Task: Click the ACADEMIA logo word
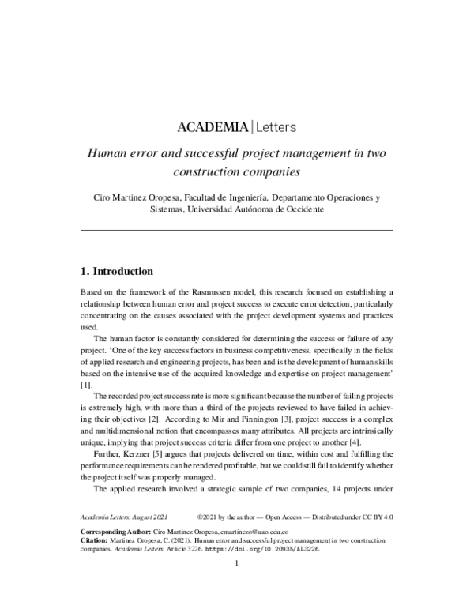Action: pyautogui.click(x=211, y=126)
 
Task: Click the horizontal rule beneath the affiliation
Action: pyautogui.click(x=237, y=229)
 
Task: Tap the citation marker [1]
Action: pyautogui.click(x=86, y=384)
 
